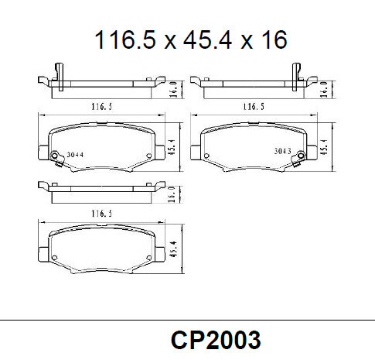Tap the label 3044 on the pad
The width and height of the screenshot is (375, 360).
coord(75,154)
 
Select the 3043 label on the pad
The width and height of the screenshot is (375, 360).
coord(283,152)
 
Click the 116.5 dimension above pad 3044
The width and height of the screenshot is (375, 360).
coord(97,107)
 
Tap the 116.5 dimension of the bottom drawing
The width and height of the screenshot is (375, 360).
coord(97,212)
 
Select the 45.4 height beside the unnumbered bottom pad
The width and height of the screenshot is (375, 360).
coord(173,250)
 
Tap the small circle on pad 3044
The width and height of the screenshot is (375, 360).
coord(54,160)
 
